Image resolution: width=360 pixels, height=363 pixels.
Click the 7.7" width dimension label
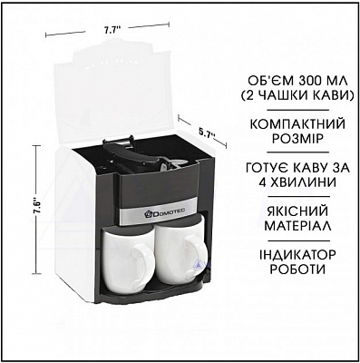[x=112, y=30]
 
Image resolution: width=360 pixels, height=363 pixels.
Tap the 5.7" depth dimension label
[x=206, y=132]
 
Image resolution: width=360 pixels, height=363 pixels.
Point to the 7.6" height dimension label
[x=37, y=207]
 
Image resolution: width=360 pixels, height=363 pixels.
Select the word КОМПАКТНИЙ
[x=298, y=125]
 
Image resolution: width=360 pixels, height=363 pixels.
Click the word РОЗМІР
[x=298, y=140]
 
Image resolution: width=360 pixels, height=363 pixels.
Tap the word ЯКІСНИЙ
[x=297, y=211]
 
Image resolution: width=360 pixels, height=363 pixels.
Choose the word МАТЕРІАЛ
[x=297, y=226]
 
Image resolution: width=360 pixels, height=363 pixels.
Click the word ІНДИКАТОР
[x=297, y=255]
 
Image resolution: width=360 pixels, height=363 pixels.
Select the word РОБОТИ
[x=297, y=270]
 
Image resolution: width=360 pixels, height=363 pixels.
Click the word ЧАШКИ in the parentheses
[x=282, y=96]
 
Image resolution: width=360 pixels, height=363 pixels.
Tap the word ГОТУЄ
[x=268, y=168]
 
